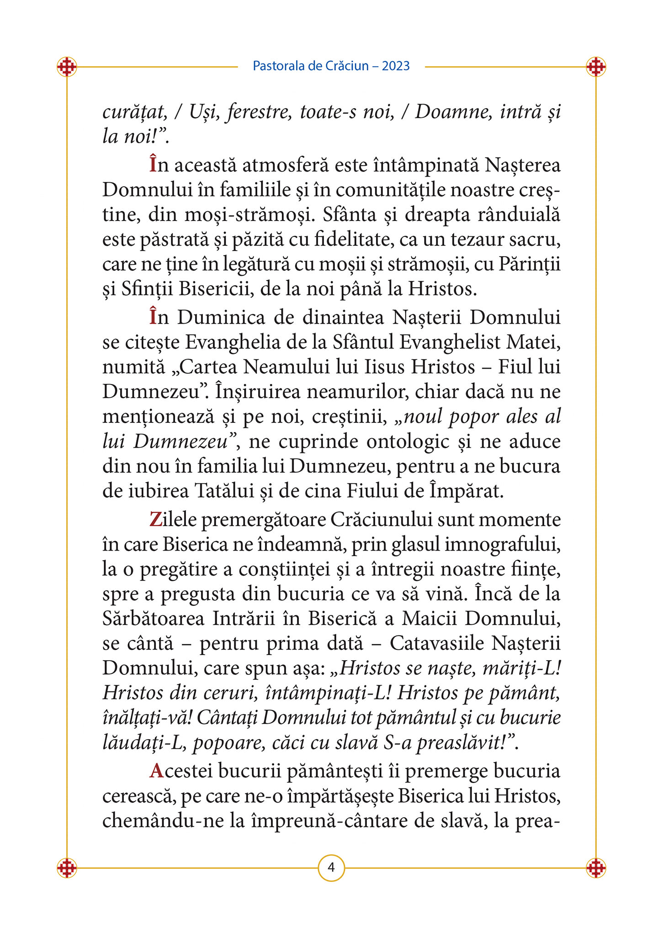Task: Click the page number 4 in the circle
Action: coord(331,867)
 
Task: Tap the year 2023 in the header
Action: coord(396,66)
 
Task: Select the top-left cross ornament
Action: coord(67,67)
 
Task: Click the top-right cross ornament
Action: coord(596,67)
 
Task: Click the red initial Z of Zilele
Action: coord(155,520)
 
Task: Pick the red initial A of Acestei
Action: coord(156,771)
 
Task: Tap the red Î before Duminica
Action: coord(153,317)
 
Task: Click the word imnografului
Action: coord(503,545)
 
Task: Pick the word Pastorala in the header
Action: coord(278,66)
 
